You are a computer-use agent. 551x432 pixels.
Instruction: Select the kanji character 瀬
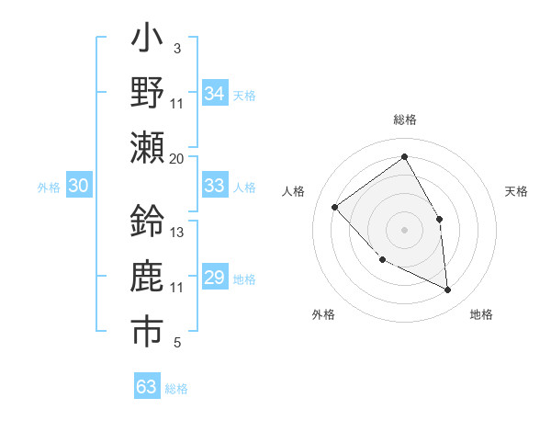point(147,147)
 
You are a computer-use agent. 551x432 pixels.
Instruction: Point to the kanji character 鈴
point(147,221)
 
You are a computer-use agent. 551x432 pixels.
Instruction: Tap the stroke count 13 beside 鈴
point(177,232)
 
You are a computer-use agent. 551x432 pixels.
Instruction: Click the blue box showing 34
point(215,94)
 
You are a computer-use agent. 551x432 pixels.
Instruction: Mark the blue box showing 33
point(215,186)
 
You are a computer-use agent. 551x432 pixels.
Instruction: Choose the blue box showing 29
point(215,278)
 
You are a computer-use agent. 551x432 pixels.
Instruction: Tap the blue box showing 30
point(78,186)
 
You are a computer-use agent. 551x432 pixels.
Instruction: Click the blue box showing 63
point(147,386)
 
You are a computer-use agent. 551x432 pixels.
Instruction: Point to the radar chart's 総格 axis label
point(405,120)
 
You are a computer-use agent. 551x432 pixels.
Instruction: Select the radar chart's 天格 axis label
point(516,191)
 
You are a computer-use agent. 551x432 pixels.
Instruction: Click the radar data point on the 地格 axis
point(448,290)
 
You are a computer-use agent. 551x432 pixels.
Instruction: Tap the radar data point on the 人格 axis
point(335,207)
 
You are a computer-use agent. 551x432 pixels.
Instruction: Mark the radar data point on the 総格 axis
point(405,156)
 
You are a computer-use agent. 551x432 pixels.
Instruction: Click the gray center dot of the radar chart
point(405,230)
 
